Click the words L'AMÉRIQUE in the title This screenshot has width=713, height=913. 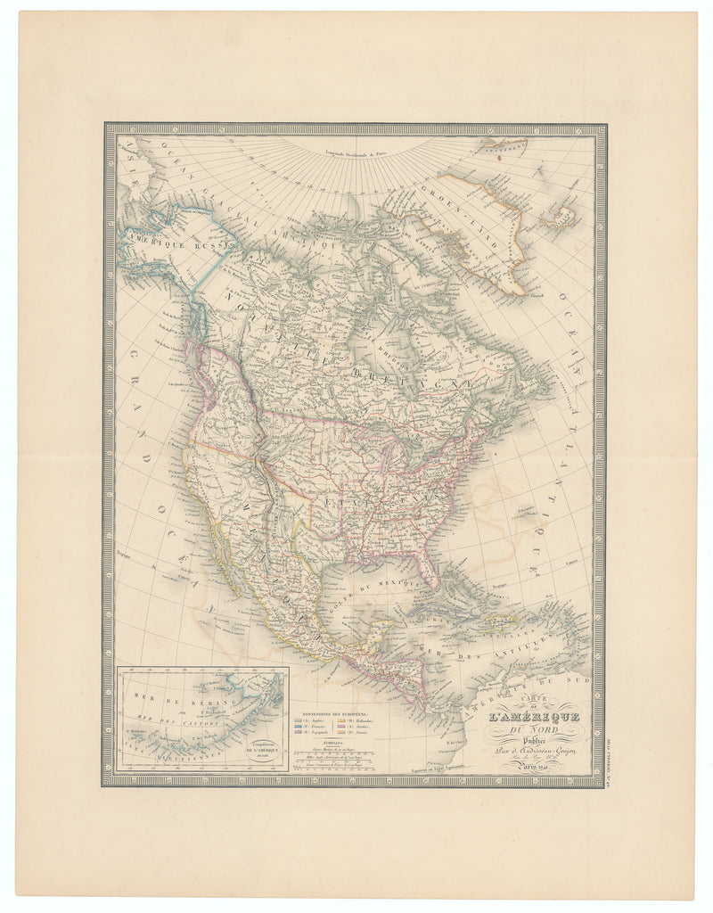533,716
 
